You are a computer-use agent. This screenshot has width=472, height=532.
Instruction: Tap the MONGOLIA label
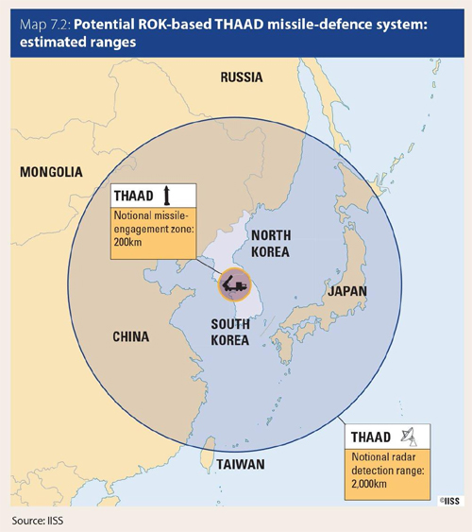point(51,172)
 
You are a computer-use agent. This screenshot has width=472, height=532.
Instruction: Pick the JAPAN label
point(346,292)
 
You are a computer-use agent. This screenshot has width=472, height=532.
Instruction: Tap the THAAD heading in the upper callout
point(134,196)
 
